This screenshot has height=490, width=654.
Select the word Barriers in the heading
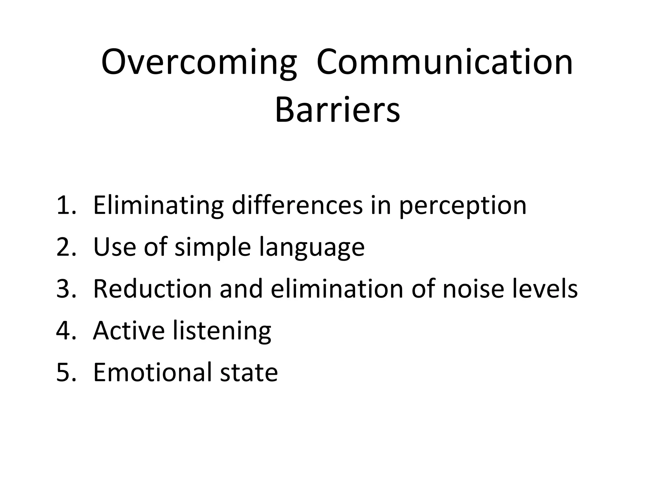(x=337, y=110)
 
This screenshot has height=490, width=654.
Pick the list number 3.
(x=66, y=289)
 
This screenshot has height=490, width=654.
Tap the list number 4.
(x=66, y=330)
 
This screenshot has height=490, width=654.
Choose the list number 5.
(x=66, y=372)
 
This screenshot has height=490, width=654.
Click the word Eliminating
(x=158, y=206)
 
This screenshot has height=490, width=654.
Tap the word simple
(x=213, y=248)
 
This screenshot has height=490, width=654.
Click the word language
(x=312, y=248)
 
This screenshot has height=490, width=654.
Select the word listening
(x=222, y=331)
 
